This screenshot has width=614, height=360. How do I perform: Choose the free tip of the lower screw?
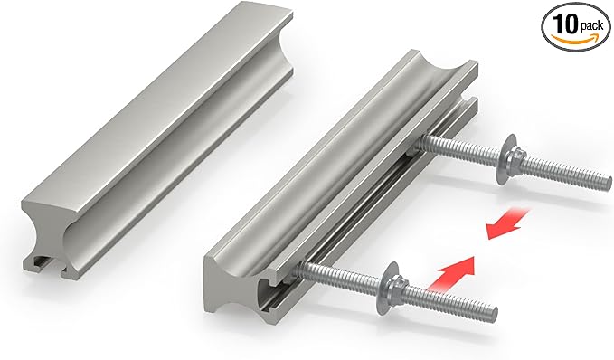(x=494, y=316)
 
